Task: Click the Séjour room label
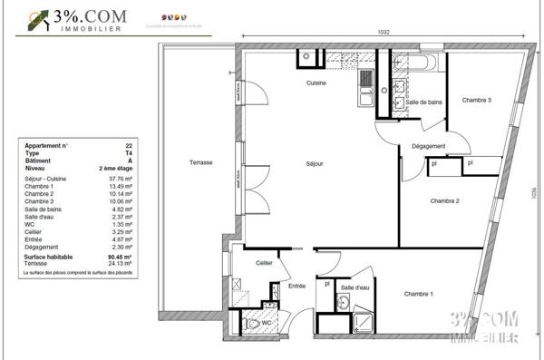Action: pos(315,163)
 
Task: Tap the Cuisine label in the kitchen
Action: pos(316,83)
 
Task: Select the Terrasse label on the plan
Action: pos(200,162)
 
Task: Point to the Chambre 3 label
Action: pos(476,100)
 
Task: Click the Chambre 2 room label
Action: pos(445,200)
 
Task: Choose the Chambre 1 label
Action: pos(418,294)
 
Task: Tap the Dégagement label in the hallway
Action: pos(428,146)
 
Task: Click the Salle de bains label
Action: pos(423,103)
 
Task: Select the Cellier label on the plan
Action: pos(264,263)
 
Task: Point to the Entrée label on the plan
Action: pos(296,287)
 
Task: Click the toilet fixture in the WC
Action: pos(253,323)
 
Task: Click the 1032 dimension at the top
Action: pos(384,32)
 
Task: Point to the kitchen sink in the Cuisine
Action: pos(366,91)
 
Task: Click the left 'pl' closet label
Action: pos(434,163)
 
